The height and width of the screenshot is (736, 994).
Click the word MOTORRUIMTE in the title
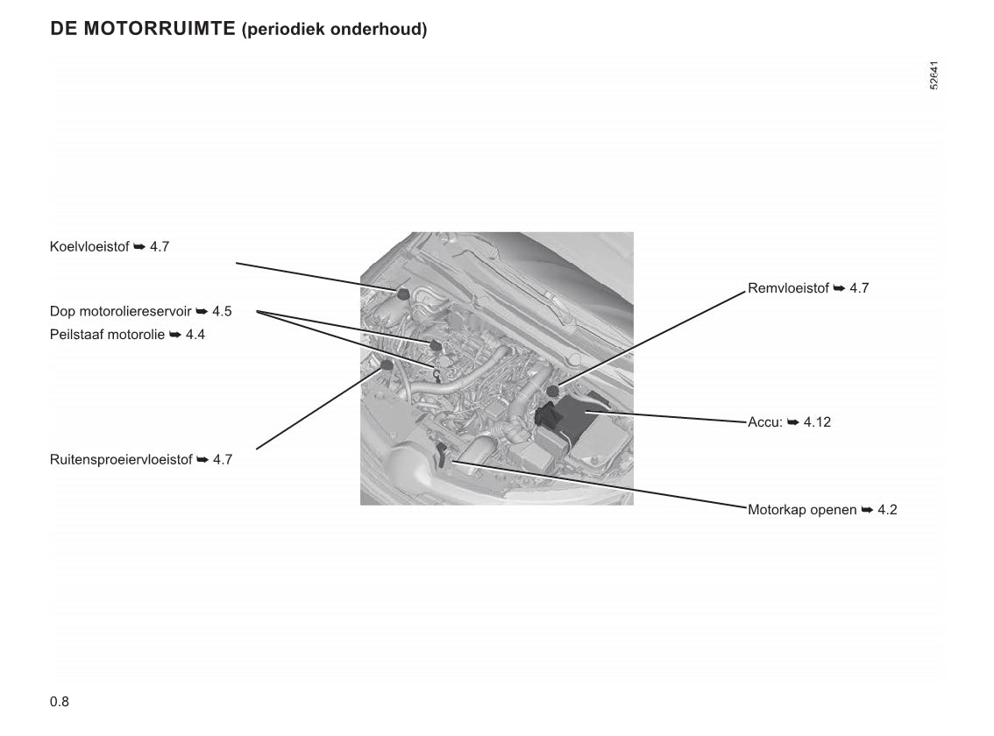click(160, 29)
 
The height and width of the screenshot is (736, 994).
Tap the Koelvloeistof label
click(110, 246)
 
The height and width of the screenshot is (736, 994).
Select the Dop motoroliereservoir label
click(141, 311)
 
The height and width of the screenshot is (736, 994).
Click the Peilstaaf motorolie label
click(127, 335)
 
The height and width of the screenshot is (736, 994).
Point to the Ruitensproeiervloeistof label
click(141, 460)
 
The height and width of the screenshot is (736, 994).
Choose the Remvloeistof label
click(808, 288)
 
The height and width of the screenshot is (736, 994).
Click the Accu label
click(789, 422)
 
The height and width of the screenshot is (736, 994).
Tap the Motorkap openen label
click(822, 510)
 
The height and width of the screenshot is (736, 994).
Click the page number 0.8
click(60, 701)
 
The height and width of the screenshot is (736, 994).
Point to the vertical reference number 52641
click(934, 75)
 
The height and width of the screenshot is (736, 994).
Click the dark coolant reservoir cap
click(402, 294)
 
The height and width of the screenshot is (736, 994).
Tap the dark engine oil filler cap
click(435, 345)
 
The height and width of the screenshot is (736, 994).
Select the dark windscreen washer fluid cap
click(386, 365)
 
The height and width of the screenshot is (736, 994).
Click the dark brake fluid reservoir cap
click(553, 391)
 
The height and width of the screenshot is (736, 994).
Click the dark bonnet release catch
click(443, 454)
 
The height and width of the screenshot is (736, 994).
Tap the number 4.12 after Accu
click(817, 422)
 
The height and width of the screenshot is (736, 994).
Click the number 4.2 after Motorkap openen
click(887, 510)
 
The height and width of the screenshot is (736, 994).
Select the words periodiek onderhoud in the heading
click(334, 29)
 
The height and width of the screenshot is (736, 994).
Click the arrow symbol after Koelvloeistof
click(139, 246)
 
